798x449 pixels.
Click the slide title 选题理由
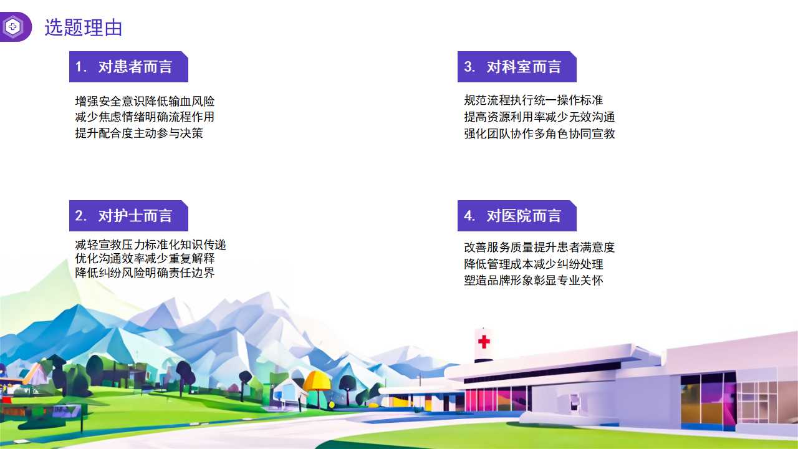(x=84, y=27)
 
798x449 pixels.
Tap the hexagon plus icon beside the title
(x=13, y=27)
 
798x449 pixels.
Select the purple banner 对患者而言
(x=128, y=67)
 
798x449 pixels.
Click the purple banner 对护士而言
(x=128, y=216)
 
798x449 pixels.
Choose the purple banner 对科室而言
(x=517, y=67)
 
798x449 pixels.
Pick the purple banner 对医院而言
(x=517, y=216)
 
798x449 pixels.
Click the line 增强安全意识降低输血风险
(x=145, y=101)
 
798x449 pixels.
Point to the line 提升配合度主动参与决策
(x=139, y=133)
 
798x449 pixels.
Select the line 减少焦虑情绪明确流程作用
(x=145, y=117)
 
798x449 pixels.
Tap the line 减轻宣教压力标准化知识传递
(x=150, y=244)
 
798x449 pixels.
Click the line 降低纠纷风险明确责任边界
(x=145, y=273)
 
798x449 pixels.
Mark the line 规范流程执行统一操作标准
(x=533, y=100)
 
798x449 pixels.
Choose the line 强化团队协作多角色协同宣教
(x=539, y=133)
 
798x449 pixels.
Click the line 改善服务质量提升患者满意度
(x=539, y=247)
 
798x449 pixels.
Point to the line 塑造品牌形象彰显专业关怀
(x=533, y=280)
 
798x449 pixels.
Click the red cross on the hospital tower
(x=484, y=342)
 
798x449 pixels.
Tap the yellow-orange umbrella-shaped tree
(x=316, y=381)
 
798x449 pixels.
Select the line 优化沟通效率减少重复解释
(x=145, y=258)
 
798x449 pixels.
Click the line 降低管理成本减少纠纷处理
(x=533, y=264)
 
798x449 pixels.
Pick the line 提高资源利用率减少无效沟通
(x=539, y=117)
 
